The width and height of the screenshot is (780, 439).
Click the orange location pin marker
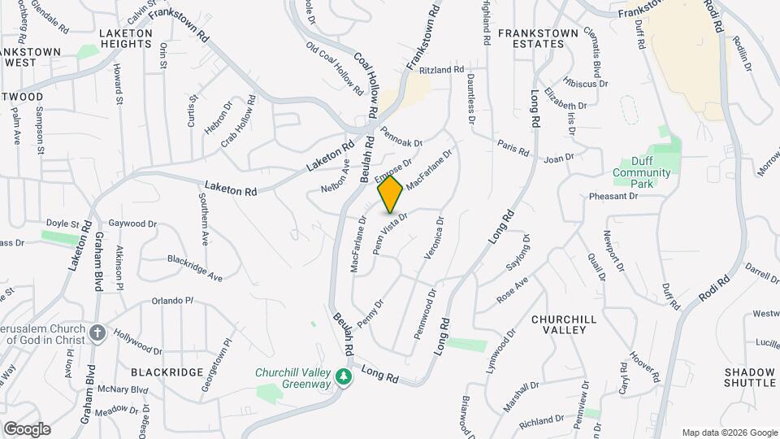click(x=390, y=194)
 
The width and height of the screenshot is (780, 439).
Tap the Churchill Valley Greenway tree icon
click(x=344, y=376)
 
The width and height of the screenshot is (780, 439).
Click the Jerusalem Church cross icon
click(x=97, y=333)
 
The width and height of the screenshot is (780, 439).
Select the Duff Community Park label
click(x=642, y=172)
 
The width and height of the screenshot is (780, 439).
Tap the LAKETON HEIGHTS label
click(x=125, y=38)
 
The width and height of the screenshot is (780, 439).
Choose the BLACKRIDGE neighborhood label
click(x=167, y=372)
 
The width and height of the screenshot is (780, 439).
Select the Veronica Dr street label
click(x=433, y=238)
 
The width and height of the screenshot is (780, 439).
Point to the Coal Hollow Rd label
click(x=366, y=82)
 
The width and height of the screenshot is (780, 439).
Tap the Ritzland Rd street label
click(x=441, y=71)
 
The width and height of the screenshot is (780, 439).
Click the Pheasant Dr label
click(x=613, y=196)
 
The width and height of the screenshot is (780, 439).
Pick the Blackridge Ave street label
click(x=195, y=267)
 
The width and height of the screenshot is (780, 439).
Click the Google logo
click(x=27, y=428)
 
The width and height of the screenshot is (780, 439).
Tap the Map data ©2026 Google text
click(x=729, y=432)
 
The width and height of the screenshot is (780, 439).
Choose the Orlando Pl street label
click(x=172, y=301)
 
